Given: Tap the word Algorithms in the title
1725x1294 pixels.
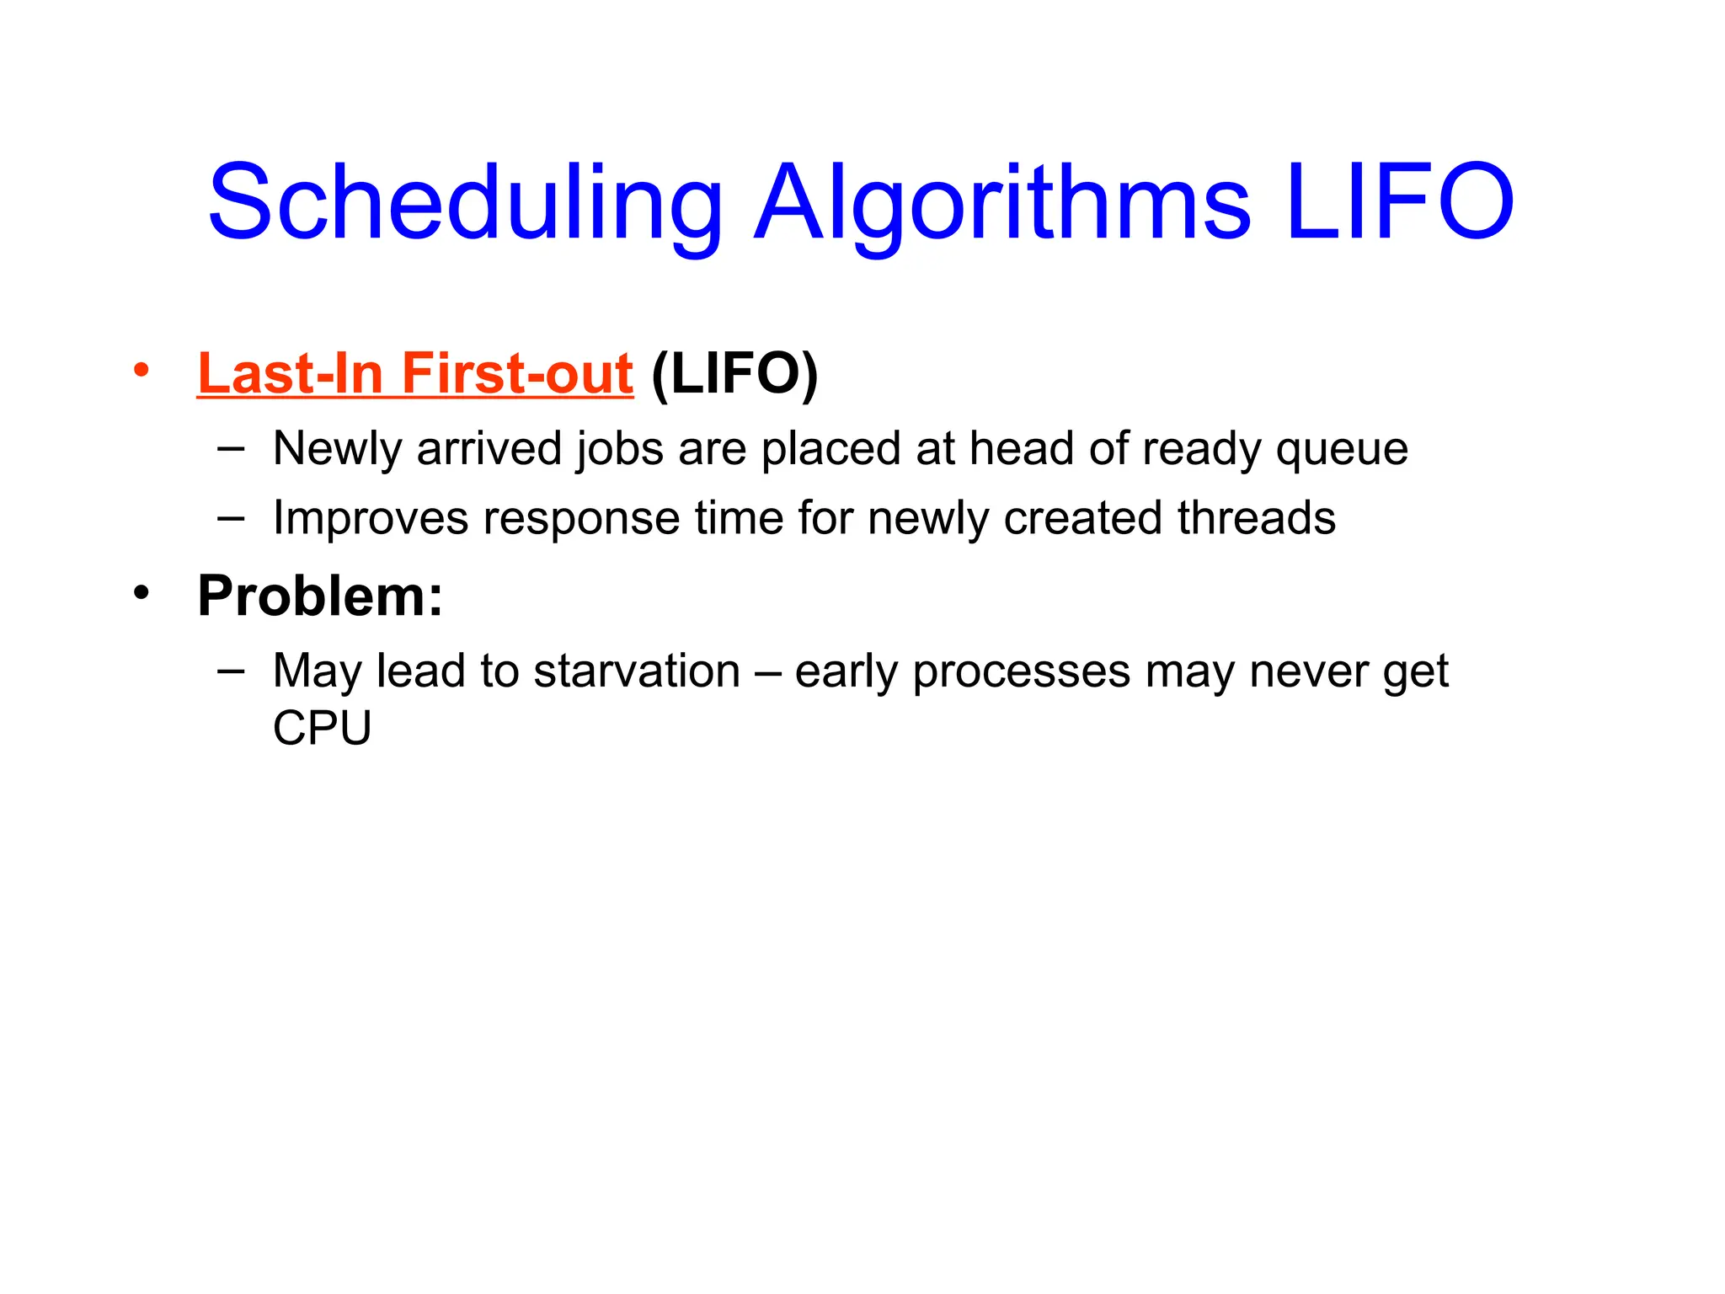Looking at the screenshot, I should [x=1002, y=202].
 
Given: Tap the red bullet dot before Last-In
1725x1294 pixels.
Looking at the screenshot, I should [x=141, y=370].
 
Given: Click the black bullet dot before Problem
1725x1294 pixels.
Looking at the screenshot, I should [x=141, y=592].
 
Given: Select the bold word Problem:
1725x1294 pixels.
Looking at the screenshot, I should [x=319, y=596].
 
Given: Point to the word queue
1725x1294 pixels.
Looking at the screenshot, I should [x=1341, y=450].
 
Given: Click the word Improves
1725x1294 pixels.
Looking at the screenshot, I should [x=371, y=518].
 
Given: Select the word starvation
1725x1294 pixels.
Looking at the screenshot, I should [x=637, y=671].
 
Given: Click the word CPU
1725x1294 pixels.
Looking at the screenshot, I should [x=322, y=728].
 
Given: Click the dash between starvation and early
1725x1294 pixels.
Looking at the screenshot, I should [x=767, y=671].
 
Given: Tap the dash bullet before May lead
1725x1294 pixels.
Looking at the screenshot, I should [x=231, y=671].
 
